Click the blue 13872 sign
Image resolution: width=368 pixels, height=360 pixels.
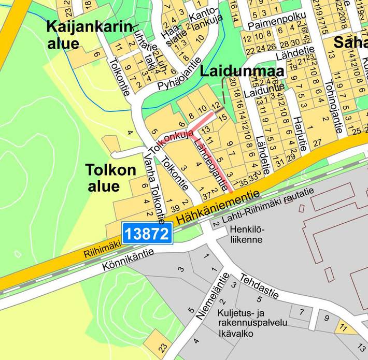coord(147,234)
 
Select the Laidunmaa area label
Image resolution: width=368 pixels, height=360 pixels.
coord(242,71)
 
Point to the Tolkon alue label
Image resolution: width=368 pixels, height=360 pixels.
coord(111,177)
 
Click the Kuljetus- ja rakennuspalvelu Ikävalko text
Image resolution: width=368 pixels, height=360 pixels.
coord(252,322)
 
